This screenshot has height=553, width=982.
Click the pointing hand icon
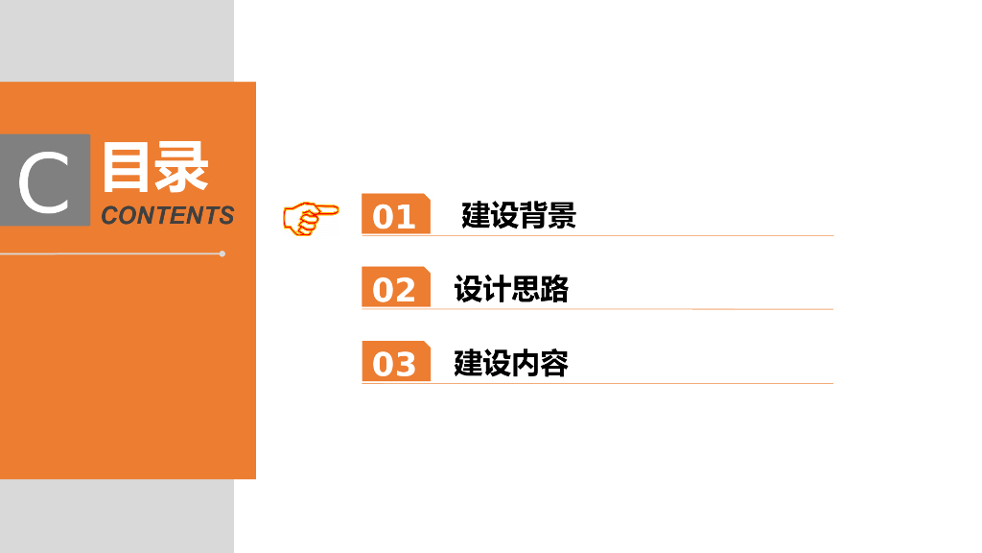tap(310, 217)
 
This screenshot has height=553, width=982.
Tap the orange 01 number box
tap(394, 215)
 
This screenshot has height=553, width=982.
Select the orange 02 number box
tap(394, 288)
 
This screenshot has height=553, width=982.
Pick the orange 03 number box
tap(394, 362)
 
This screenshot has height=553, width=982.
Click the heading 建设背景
tap(518, 215)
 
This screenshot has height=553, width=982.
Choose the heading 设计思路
tap(511, 288)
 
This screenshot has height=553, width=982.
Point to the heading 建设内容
tap(511, 363)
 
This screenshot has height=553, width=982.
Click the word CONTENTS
tap(167, 215)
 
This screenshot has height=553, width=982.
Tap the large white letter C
tap(44, 182)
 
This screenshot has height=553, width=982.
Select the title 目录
tap(154, 167)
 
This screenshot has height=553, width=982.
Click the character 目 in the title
tap(128, 167)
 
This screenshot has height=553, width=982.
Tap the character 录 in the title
tap(182, 167)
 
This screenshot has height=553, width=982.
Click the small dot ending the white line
tap(222, 253)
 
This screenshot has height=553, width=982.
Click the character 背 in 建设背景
tap(533, 215)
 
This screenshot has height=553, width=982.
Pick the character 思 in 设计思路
tap(526, 288)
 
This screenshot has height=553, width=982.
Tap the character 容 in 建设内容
tap(554, 363)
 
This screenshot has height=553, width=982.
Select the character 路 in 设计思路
tap(554, 288)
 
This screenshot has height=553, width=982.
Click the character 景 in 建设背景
tap(562, 215)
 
